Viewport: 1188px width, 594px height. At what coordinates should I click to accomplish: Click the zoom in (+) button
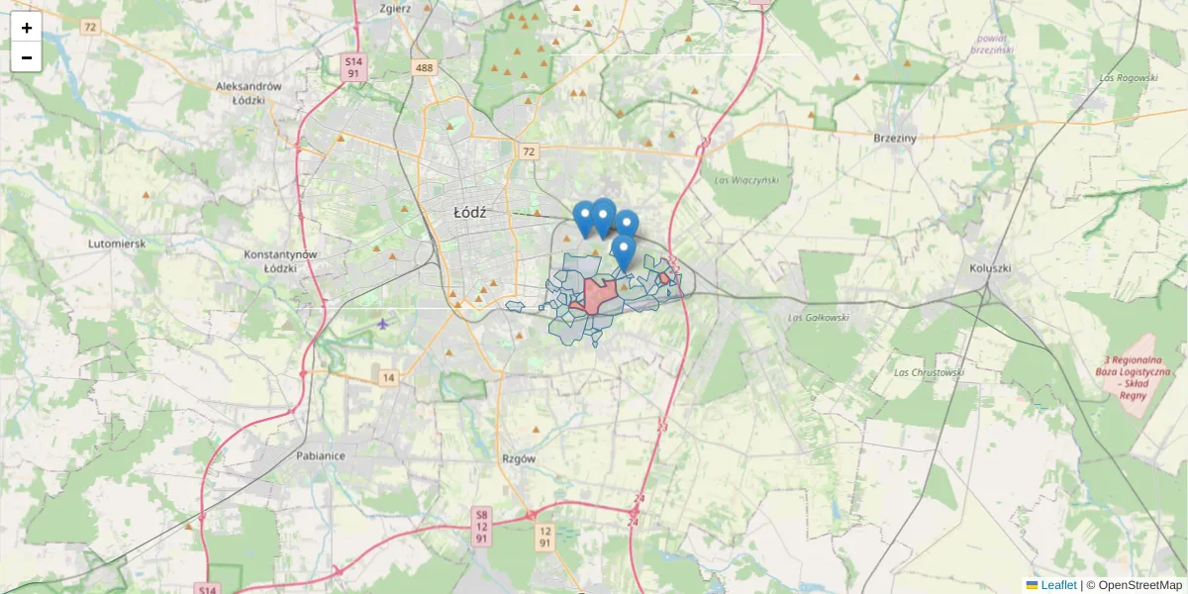tap(27, 28)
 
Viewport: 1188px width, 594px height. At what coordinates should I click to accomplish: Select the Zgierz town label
tap(394, 8)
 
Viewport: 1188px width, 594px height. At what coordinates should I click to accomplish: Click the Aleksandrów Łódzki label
tap(248, 93)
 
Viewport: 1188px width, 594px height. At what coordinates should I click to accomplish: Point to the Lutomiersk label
tap(117, 243)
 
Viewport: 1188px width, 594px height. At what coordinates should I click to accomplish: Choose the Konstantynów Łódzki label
tap(280, 261)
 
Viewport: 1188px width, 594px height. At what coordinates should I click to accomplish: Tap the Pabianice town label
tap(320, 456)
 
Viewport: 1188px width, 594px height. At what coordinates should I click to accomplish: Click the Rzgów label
tap(519, 459)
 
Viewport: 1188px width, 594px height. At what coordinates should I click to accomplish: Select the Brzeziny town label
tap(895, 139)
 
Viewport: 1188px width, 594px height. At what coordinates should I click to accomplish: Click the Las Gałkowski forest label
tap(818, 318)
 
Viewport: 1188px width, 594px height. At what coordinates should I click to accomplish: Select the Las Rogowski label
tap(1128, 77)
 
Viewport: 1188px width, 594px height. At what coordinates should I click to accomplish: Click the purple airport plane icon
tap(383, 323)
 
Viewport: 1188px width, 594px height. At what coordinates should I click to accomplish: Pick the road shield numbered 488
tap(425, 67)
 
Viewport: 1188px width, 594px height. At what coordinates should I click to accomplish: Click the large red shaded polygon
tap(599, 294)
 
